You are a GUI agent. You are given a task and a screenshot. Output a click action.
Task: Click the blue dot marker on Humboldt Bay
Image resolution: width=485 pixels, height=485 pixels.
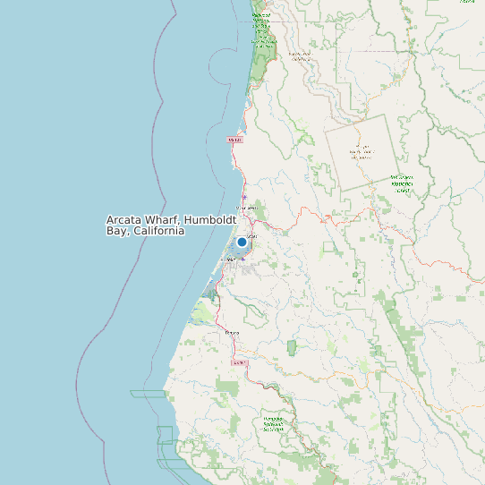tap(242, 242)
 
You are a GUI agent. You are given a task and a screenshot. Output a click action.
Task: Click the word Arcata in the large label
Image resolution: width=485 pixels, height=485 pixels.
tap(125, 220)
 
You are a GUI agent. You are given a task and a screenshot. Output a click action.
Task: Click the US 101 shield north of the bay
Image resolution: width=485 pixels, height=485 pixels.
tap(234, 140)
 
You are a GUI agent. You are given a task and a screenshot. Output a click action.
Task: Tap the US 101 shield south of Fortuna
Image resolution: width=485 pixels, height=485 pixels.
tap(238, 362)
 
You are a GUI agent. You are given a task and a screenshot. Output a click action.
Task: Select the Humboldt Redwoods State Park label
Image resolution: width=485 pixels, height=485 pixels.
tap(274, 423)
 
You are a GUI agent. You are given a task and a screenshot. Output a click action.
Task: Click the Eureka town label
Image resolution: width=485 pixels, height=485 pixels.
tap(234, 260)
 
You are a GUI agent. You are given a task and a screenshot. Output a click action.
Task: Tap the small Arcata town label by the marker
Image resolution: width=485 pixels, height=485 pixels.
tap(251, 236)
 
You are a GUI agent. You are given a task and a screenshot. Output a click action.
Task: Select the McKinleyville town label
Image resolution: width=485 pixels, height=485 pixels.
tap(246, 208)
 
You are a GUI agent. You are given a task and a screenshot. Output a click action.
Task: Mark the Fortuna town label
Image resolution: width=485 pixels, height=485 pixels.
tap(232, 333)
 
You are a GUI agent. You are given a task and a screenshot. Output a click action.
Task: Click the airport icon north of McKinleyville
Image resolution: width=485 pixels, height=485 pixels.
tap(244, 197)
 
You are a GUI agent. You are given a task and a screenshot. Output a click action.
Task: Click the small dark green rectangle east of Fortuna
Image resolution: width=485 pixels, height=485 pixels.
tap(292, 345)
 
